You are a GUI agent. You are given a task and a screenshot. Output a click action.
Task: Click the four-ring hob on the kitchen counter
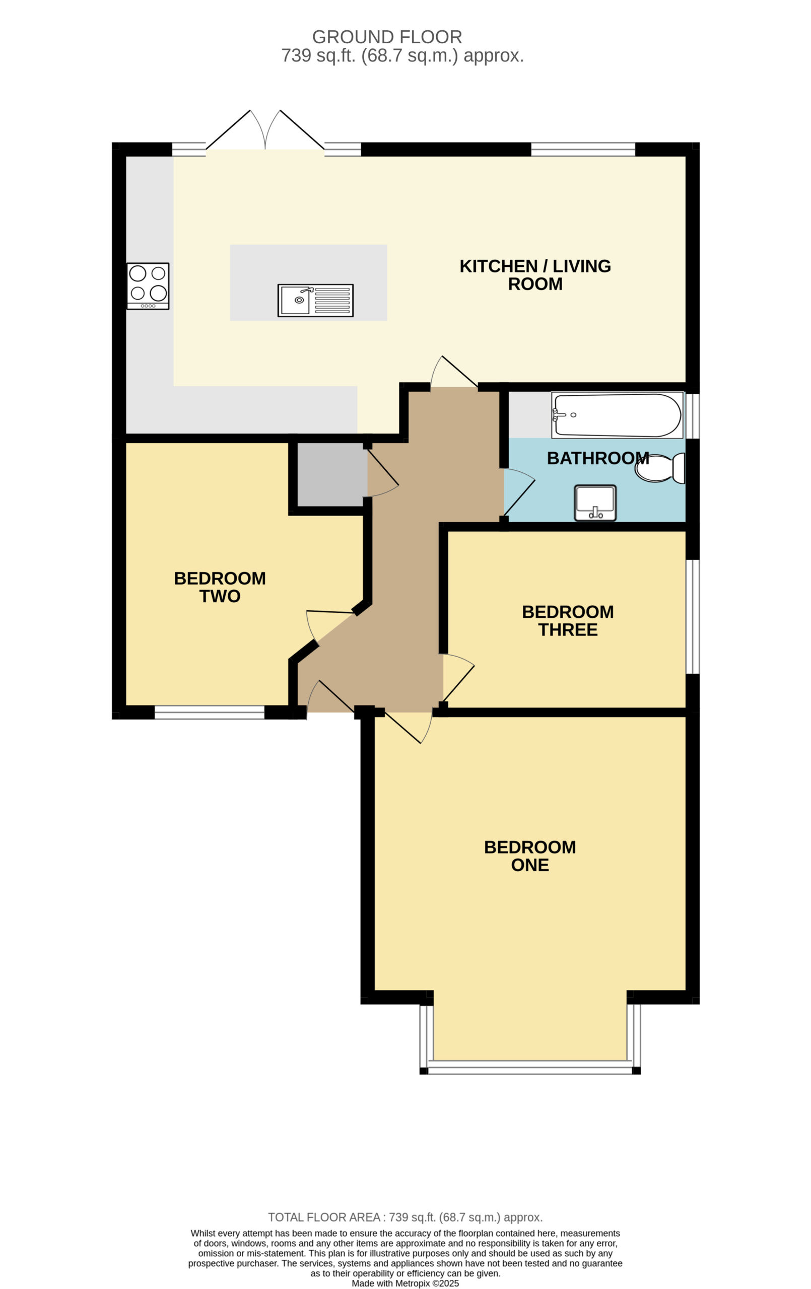(148, 286)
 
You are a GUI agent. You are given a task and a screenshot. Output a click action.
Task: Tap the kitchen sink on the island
(315, 300)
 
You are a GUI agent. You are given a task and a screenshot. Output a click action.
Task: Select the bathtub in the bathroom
(617, 415)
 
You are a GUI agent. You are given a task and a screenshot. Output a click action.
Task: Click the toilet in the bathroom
(660, 468)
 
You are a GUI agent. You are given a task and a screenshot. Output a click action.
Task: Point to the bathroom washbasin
(595, 503)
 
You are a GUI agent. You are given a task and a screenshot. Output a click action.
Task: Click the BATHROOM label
(598, 458)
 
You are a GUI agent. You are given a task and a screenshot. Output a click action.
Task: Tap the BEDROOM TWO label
(220, 587)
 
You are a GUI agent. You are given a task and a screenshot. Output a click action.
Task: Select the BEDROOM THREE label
(568, 620)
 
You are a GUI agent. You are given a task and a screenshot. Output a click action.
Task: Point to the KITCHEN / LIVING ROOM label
(535, 274)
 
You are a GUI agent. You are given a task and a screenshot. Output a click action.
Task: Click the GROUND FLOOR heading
(387, 37)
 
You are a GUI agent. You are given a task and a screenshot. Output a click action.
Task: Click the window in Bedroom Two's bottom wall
(210, 712)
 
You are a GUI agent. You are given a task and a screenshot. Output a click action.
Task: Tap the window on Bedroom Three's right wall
(693, 617)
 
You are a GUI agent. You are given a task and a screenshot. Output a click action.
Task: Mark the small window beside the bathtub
(693, 416)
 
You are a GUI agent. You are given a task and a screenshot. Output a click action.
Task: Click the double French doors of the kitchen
(265, 130)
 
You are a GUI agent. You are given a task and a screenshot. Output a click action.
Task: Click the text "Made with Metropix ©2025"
(405, 1283)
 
